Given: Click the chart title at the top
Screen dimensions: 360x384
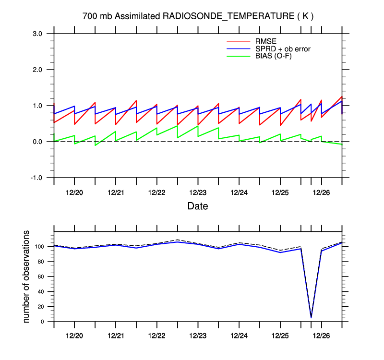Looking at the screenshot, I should [x=198, y=16].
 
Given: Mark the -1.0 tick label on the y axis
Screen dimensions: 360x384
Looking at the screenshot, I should [x=36, y=178].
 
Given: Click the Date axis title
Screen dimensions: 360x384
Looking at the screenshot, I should [x=198, y=206].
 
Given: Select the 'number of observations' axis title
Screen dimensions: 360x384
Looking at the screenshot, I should [x=27, y=276].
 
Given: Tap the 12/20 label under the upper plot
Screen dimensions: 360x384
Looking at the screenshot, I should [x=74, y=192].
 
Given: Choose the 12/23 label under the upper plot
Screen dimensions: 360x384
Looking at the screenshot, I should [x=198, y=192].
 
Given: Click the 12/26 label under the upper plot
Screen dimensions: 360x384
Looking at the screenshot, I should [x=321, y=192].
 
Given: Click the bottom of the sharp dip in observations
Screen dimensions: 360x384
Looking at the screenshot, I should [x=311, y=317].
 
